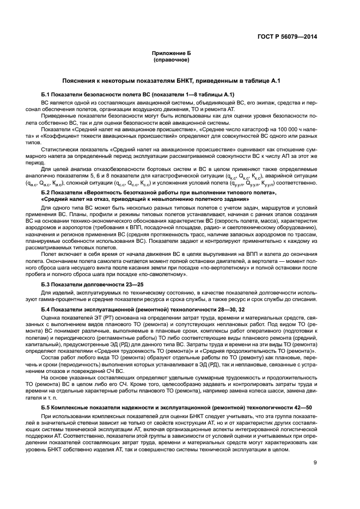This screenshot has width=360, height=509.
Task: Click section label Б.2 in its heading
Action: point(46,194)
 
